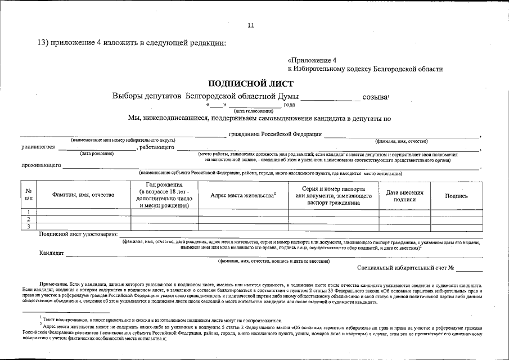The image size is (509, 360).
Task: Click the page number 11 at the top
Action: coord(251,25)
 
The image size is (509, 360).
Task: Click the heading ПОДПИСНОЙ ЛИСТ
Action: coord(251,83)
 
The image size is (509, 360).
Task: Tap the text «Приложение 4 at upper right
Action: coord(312,60)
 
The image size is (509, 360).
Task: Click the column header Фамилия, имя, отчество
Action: coord(83,195)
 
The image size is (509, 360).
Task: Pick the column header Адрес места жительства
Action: coord(242,195)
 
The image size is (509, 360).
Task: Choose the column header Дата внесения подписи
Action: coord(404,195)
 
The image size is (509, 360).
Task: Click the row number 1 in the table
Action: coord(28,212)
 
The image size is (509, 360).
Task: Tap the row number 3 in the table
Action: coord(28,227)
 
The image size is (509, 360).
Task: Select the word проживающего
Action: coord(40,166)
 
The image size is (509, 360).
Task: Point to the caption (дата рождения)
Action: coord(97,154)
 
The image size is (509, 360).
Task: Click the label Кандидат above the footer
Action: coord(51,254)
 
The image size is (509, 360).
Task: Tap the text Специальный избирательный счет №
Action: coord(405,268)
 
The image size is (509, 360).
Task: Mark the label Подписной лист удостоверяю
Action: coord(78,234)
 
